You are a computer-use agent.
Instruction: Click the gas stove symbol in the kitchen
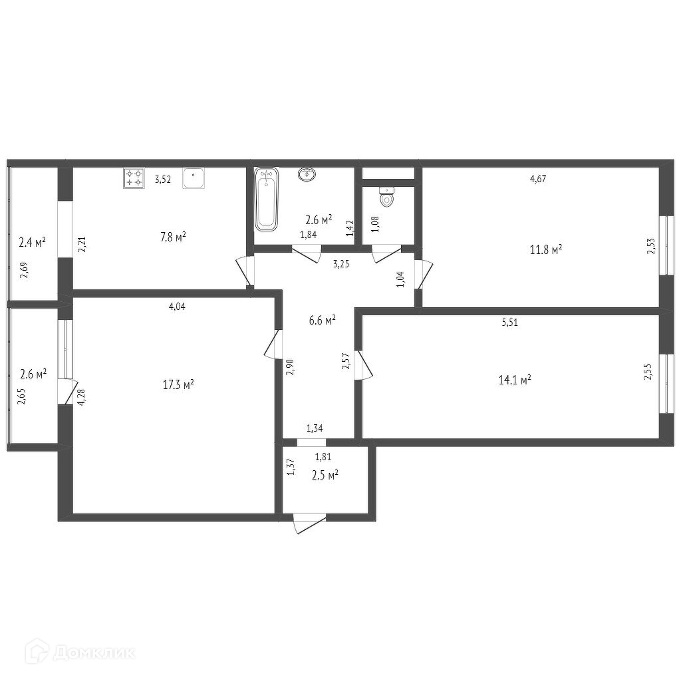[x=134, y=178]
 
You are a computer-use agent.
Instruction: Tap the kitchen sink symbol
[x=194, y=178]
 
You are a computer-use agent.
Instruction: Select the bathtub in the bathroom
[x=266, y=199]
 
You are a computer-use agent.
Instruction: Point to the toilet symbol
[x=386, y=197]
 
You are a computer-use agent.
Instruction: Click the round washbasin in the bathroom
[x=307, y=174]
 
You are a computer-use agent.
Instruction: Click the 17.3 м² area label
[x=178, y=384]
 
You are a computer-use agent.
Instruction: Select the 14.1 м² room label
[x=515, y=380]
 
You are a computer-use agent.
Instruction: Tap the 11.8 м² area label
[x=546, y=250]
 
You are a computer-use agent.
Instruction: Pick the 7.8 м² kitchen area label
[x=174, y=237]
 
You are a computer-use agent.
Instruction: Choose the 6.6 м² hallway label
[x=323, y=321]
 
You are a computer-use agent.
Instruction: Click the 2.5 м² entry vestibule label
[x=325, y=475]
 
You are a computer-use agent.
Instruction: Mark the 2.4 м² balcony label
[x=33, y=242]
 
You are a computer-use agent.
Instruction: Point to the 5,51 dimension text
[x=510, y=323]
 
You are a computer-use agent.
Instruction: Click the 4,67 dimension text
[x=538, y=178]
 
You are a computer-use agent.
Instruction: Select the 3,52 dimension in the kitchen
[x=163, y=180]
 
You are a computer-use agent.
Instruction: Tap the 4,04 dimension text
[x=177, y=307]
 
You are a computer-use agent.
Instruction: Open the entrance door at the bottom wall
[x=309, y=524]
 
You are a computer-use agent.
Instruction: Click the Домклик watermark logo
[x=80, y=652]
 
